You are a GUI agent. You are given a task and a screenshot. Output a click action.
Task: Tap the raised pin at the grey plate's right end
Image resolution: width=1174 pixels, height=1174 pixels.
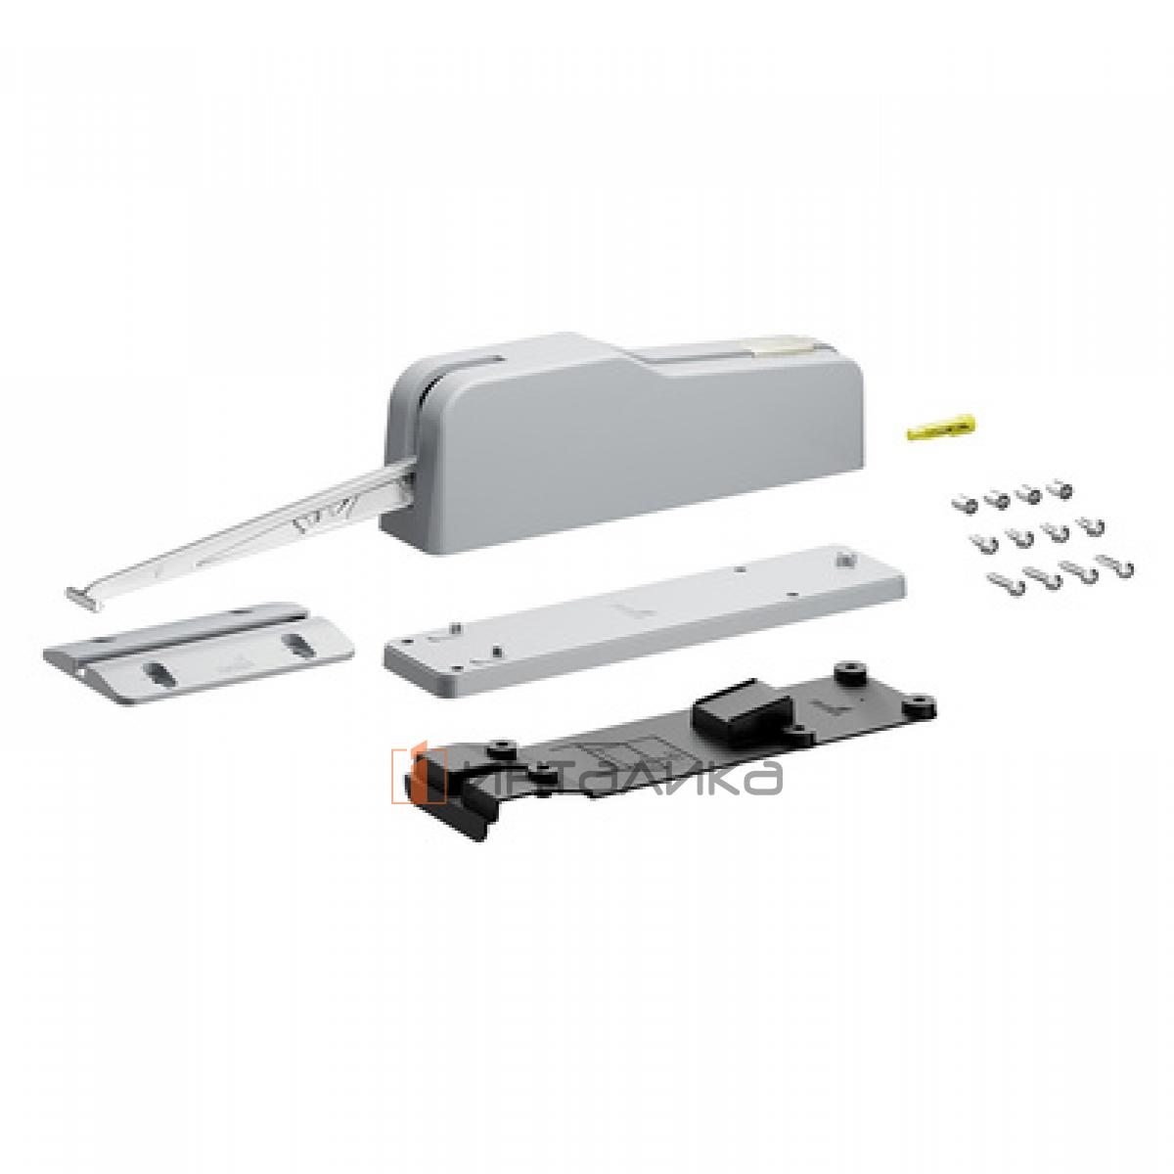(x=844, y=563)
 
